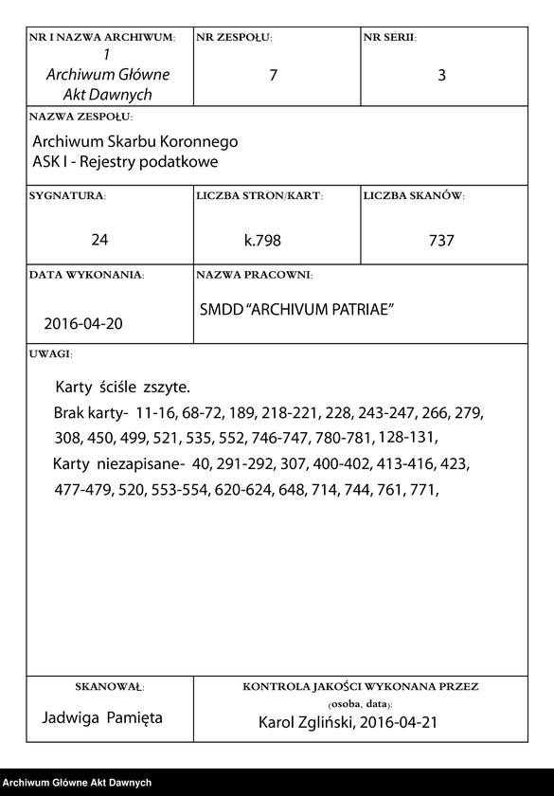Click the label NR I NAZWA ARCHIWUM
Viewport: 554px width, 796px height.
click(102, 38)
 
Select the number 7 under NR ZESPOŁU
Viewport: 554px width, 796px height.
click(273, 76)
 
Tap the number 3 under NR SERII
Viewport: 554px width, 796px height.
click(441, 76)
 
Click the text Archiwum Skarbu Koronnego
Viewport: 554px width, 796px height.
click(134, 141)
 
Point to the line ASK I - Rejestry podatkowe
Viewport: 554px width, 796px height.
click(125, 162)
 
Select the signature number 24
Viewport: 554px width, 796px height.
click(99, 240)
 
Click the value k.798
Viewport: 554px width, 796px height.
click(262, 241)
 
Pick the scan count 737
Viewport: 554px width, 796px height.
click(441, 241)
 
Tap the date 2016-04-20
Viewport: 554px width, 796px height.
click(83, 323)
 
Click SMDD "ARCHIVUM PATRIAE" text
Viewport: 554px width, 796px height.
click(296, 310)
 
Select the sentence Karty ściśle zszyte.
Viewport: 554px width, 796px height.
click(123, 388)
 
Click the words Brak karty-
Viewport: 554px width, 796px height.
click(90, 414)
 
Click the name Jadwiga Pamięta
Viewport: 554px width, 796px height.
click(103, 717)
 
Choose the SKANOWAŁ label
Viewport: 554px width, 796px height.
click(109, 685)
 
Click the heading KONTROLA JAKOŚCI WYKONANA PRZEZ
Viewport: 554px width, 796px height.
click(360, 685)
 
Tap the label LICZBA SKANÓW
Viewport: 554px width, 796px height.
click(414, 196)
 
